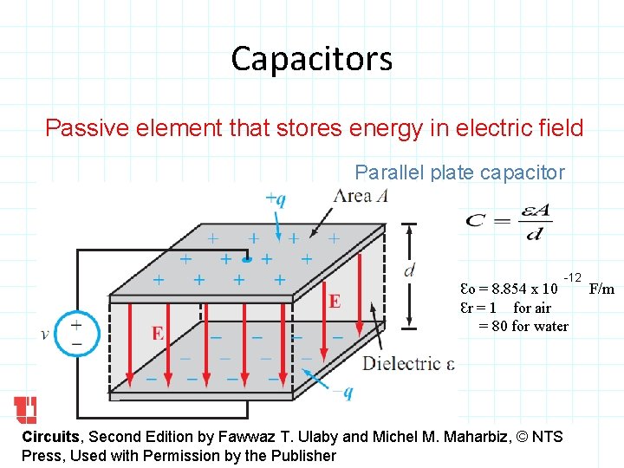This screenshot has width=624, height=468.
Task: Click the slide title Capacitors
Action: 311,59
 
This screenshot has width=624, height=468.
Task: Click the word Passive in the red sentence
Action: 81,129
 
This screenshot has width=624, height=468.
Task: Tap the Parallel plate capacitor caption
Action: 459,172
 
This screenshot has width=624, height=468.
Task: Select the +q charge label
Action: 276,199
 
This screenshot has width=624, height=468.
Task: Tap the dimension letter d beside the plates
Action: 409,270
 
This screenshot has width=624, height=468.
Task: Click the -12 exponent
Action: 572,276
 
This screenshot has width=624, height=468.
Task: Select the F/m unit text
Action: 601,288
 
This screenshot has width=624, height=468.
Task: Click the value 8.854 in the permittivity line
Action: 510,289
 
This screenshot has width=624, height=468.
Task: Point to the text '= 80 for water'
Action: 523,326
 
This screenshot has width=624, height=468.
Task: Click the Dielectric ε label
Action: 407,363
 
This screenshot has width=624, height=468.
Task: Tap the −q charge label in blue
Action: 342,393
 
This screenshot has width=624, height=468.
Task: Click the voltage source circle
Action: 76,333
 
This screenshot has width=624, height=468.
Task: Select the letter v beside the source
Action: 45,334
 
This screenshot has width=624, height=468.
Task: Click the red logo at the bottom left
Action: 25,410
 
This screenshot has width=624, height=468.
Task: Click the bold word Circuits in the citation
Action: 50,437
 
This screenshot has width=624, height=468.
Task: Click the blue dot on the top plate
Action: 247,258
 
